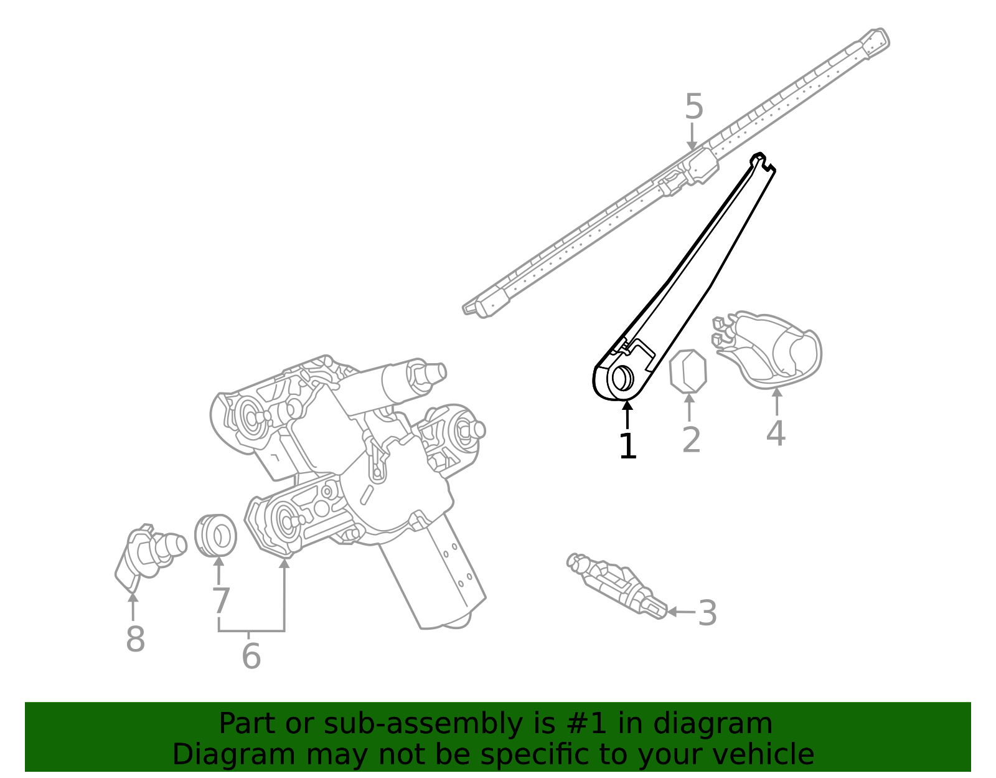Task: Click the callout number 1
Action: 627,446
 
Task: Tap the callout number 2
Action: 691,440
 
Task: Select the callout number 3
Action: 707,613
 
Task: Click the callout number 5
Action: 693,107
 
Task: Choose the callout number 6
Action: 251,655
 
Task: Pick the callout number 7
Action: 220,602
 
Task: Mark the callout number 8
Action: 135,639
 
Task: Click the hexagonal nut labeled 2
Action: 688,372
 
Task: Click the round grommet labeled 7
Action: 215,535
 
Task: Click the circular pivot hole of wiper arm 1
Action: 621,377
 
